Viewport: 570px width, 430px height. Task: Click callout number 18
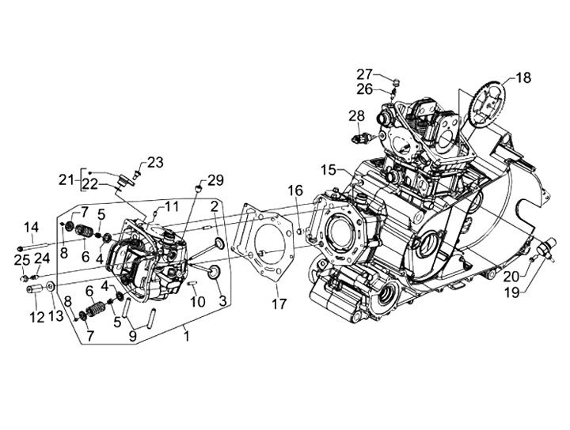[x=524, y=77]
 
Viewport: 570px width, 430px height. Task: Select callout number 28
[x=356, y=115]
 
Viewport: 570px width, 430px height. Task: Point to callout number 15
[x=329, y=170]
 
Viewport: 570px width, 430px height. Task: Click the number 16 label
[x=295, y=190]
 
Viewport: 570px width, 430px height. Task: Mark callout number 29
[x=215, y=179]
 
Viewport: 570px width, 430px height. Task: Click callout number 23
[x=155, y=162]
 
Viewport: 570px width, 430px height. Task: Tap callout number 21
[x=67, y=178]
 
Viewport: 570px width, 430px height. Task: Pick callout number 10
[x=198, y=301]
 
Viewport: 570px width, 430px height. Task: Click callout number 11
[x=173, y=208]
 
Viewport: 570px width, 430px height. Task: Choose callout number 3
[x=222, y=300]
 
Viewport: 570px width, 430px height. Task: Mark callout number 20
[x=511, y=276]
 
